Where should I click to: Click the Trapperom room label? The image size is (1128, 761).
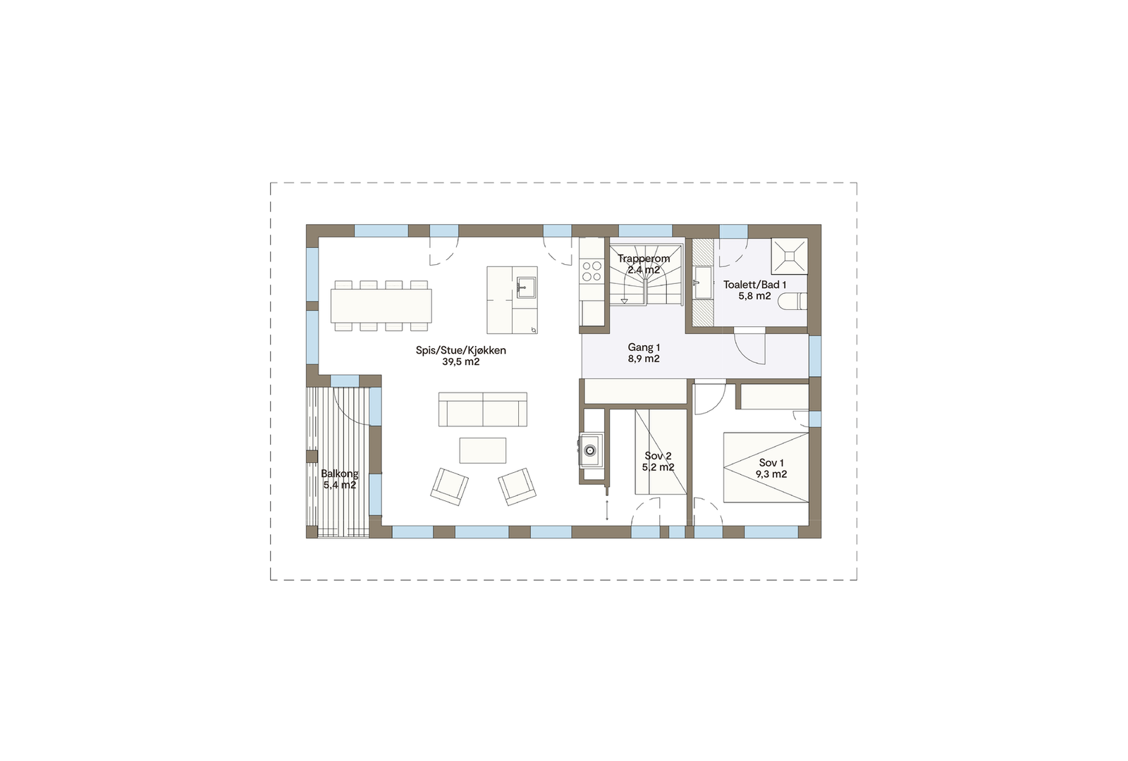(x=644, y=259)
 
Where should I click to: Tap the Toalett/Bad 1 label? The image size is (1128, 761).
(x=754, y=285)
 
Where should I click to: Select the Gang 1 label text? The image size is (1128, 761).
(x=644, y=347)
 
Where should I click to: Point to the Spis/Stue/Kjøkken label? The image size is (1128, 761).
(x=460, y=350)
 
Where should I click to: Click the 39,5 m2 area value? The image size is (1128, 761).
(x=460, y=362)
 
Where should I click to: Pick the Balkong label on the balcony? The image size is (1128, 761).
(x=339, y=474)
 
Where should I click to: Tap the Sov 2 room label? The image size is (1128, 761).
(x=658, y=456)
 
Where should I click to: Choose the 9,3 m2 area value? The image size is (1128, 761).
(x=771, y=474)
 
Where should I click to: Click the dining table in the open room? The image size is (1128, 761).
(x=381, y=306)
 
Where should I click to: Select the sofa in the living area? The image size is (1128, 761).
(x=482, y=409)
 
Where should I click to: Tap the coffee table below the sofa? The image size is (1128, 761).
(x=482, y=450)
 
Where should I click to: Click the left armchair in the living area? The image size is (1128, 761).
(x=449, y=486)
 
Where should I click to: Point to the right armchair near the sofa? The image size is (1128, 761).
(x=517, y=486)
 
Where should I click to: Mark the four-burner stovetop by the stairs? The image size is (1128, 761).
(x=591, y=271)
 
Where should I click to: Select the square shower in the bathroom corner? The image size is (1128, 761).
(x=789, y=256)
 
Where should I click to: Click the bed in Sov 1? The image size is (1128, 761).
(x=766, y=467)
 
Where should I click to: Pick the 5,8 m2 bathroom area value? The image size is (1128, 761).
(x=754, y=297)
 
